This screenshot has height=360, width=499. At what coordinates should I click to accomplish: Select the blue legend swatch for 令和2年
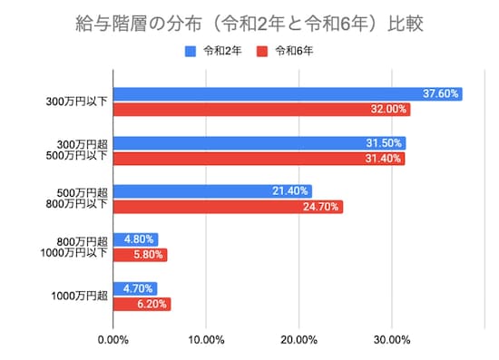tap(191, 52)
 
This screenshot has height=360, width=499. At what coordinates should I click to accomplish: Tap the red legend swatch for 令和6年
tap(263, 52)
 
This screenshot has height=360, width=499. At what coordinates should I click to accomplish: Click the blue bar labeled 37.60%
tap(287, 93)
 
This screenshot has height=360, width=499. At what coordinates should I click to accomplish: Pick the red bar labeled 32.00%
tap(261, 110)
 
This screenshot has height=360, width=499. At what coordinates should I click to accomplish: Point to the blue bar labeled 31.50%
tap(259, 142)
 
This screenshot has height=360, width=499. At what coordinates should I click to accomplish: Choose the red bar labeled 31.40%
tap(259, 159)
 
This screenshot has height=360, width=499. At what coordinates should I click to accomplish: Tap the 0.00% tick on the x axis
tap(113, 340)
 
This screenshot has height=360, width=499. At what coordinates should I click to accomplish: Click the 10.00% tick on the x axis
tap(206, 340)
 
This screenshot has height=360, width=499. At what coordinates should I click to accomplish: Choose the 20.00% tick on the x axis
tap(298, 340)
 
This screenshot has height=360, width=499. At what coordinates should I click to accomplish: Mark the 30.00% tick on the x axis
tap(392, 340)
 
